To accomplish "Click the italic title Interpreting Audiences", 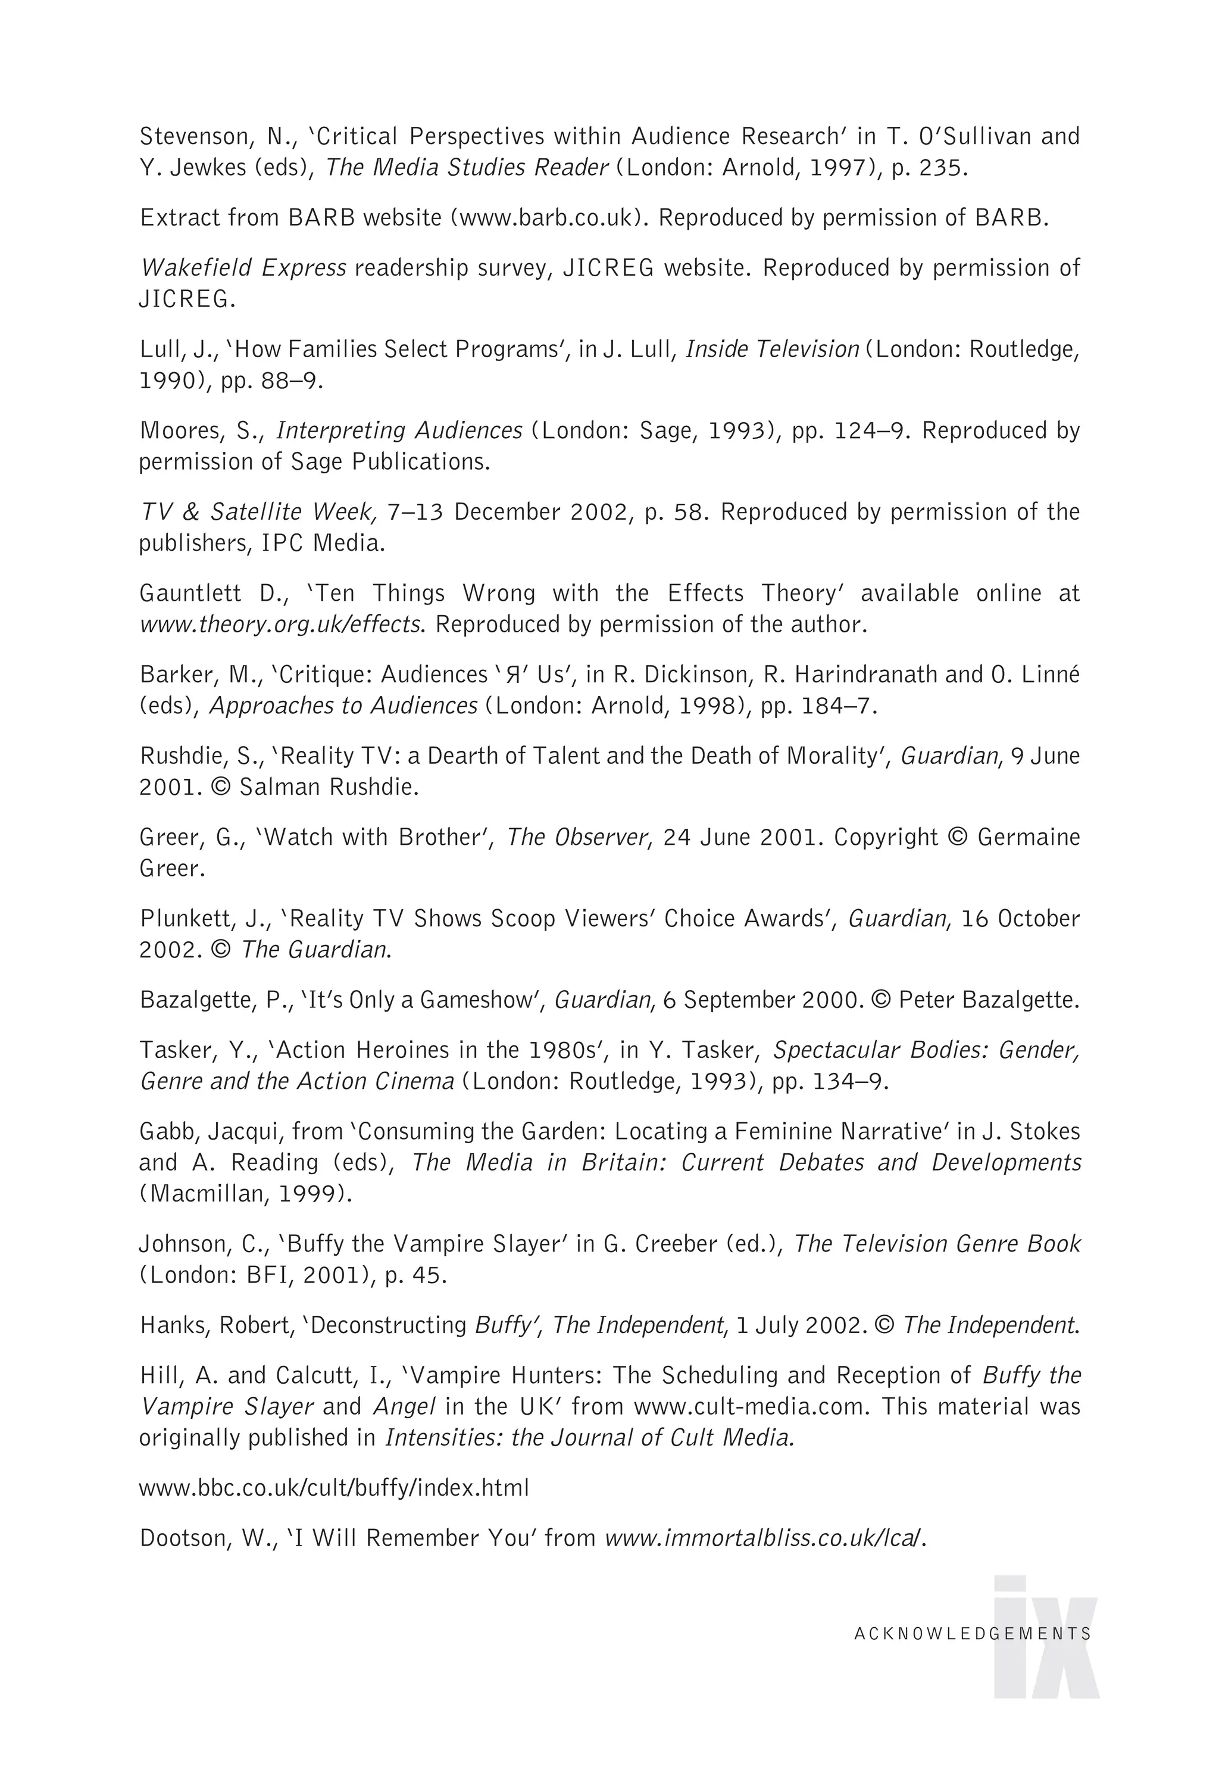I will pyautogui.click(x=399, y=431).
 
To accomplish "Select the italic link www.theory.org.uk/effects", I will pyautogui.click(x=280, y=625).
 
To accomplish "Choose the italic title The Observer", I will pyautogui.click(x=577, y=837).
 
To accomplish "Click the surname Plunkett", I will pyautogui.click(x=185, y=919).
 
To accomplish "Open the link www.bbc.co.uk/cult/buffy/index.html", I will pyautogui.click(x=333, y=1488).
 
